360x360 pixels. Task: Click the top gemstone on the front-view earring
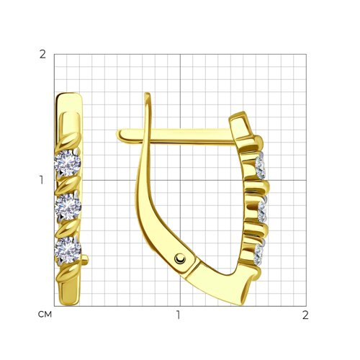(x=68, y=163)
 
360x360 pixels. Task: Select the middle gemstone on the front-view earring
(x=68, y=207)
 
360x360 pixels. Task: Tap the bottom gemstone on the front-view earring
(x=68, y=251)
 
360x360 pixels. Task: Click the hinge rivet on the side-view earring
(x=180, y=258)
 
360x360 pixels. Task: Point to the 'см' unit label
(x=45, y=315)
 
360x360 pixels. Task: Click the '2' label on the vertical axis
(x=42, y=55)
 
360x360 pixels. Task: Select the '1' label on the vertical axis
(x=42, y=180)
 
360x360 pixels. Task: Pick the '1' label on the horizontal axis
(x=178, y=315)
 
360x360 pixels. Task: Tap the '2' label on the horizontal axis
(x=305, y=315)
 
